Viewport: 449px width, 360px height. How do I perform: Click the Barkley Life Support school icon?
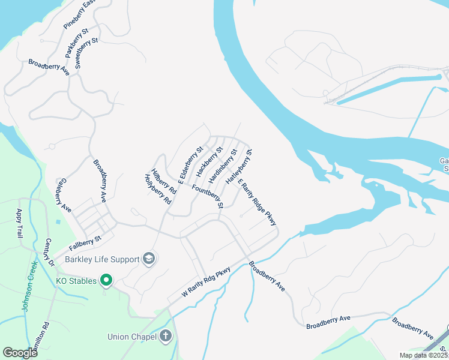tap(148, 259)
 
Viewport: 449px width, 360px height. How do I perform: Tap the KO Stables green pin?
tap(106, 280)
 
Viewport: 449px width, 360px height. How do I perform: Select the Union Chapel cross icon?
tap(166, 336)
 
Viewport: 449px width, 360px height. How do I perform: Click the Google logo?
tap(20, 353)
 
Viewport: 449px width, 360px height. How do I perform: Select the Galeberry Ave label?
tap(63, 195)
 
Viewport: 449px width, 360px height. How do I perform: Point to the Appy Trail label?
tap(20, 223)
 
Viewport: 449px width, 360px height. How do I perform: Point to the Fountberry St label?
tap(208, 197)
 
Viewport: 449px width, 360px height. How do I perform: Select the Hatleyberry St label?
tap(238, 167)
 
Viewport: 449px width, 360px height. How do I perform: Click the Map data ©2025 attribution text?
tap(423, 355)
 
